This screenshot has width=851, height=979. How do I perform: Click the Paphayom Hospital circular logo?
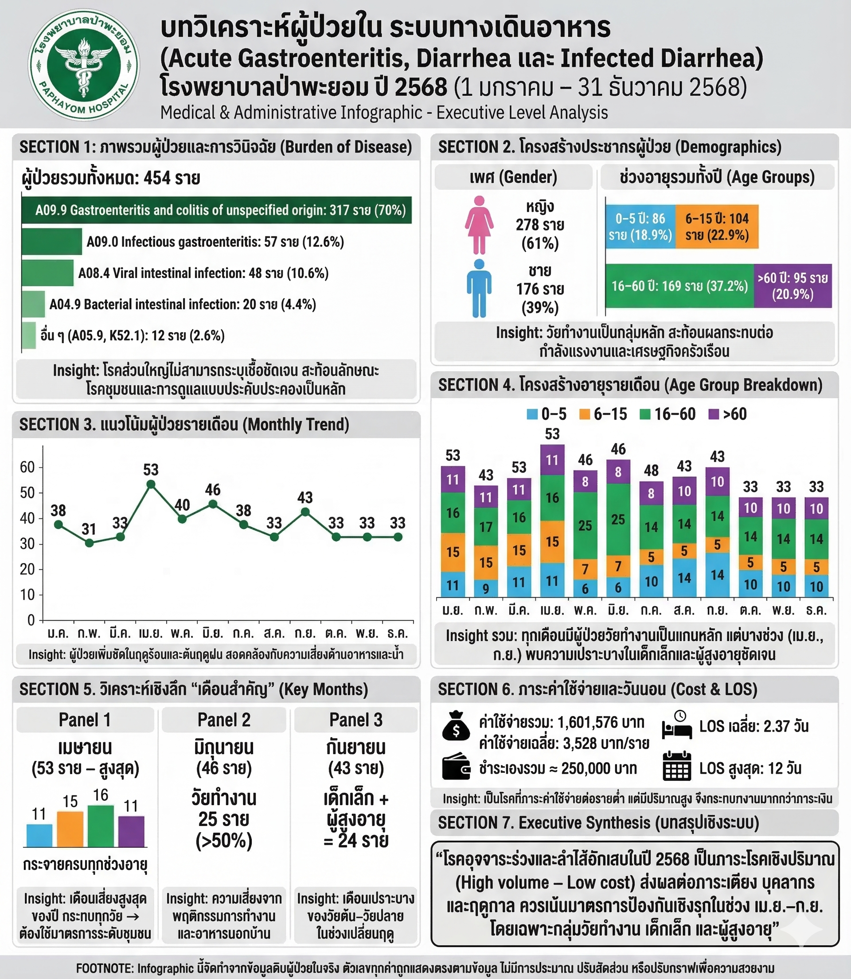pos(84,65)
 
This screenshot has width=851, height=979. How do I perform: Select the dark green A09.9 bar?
pos(216,210)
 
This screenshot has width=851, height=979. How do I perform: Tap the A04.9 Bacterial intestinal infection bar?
pos(33,304)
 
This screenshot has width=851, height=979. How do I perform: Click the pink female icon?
pos(479,225)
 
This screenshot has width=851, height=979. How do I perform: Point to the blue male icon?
pos(479,288)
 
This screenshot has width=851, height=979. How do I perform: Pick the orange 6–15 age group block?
pos(716,227)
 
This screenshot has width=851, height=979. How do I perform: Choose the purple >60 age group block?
pos(792,286)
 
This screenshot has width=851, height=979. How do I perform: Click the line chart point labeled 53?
pos(151,485)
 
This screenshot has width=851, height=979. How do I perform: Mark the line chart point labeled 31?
pos(89,542)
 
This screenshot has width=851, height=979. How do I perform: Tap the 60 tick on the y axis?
pos(27,467)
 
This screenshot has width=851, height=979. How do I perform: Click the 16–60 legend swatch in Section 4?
pos(645,415)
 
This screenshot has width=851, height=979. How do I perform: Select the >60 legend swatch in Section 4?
pos(713,415)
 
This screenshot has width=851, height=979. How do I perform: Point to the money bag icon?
pos(456,726)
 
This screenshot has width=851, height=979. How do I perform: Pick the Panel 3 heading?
pos(355,720)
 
